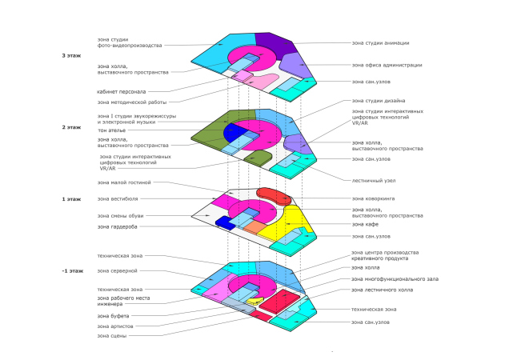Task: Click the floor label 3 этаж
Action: [x=71, y=55]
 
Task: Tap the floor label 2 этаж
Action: [x=71, y=127]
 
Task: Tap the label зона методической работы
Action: [x=132, y=102]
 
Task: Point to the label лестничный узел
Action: [x=375, y=180]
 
